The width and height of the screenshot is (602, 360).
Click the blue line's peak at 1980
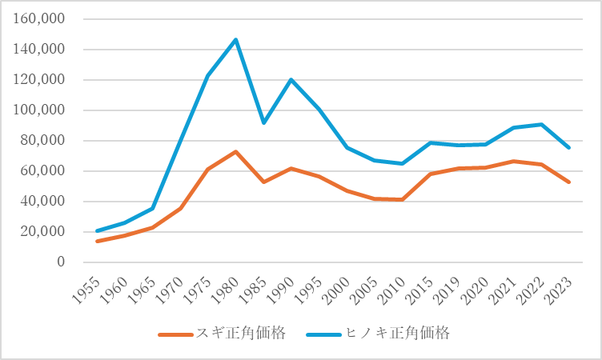coord(236,39)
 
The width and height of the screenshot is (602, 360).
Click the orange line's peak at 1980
coord(236,151)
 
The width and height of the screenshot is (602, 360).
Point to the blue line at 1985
coord(264,122)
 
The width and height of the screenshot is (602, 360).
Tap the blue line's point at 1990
coord(291,79)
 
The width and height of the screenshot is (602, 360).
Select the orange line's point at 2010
coord(402,199)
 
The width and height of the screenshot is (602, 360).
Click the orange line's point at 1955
coord(98,241)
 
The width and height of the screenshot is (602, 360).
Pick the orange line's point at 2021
coord(513,161)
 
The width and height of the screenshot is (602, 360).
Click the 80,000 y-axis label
coord(43,141)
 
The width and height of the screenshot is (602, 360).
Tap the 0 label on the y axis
coord(61,262)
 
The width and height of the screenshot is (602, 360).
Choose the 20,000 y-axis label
coord(43,232)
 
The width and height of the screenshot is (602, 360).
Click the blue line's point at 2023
coord(568,148)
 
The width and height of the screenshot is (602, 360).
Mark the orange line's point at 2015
coord(430,174)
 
